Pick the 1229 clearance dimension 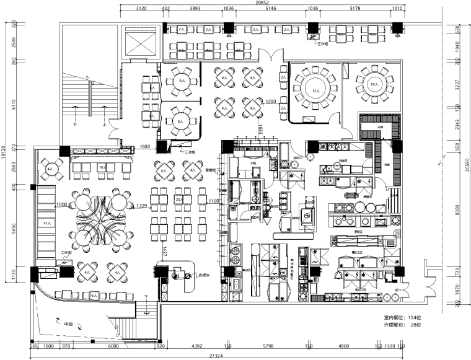click(x=142, y=206)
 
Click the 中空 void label click(x=69, y=323)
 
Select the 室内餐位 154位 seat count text click(x=402, y=317)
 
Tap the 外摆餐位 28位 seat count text click(x=402, y=325)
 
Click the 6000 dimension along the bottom click(x=113, y=346)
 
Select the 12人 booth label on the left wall click(x=45, y=222)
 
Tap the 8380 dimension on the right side click(x=457, y=211)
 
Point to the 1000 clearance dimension click(x=61, y=204)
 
